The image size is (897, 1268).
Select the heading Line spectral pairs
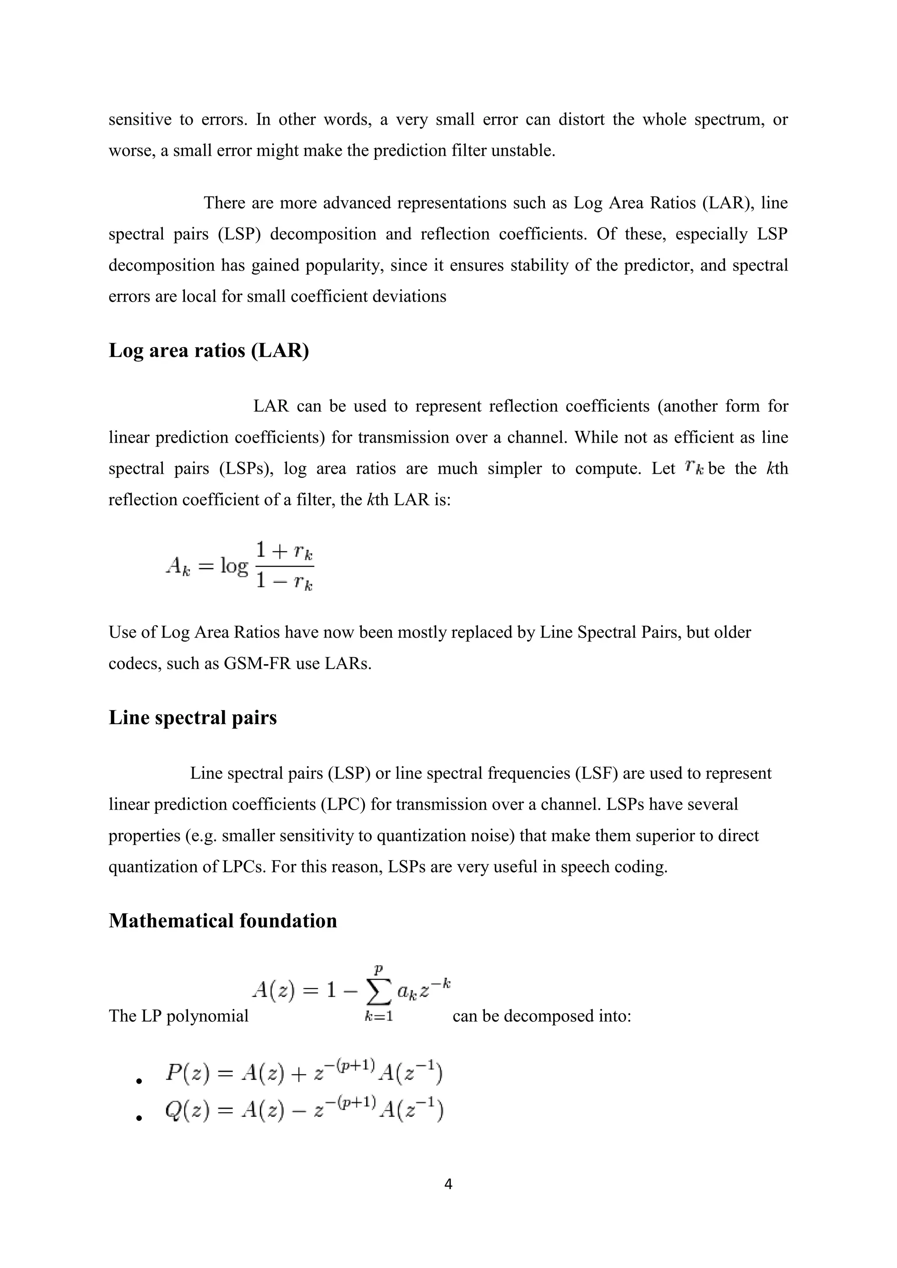point(192,717)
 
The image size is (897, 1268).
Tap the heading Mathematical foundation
point(222,921)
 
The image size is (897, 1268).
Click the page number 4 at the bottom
point(448,1183)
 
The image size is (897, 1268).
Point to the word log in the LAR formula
point(234,566)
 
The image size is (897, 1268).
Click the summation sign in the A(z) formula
point(379,995)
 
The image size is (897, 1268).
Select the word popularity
point(345,266)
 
